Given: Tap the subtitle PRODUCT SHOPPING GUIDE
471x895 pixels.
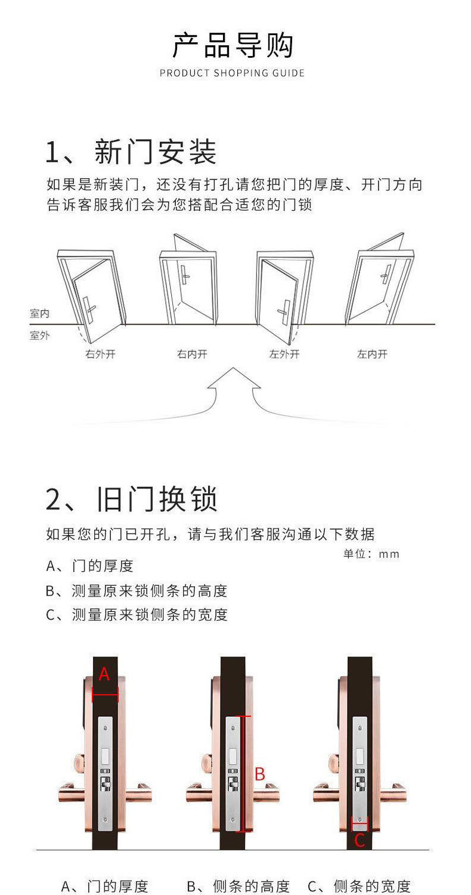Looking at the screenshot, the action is pyautogui.click(x=233, y=73).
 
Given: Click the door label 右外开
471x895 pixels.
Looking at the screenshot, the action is pyautogui.click(x=100, y=355).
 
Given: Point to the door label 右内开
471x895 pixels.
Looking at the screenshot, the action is pyautogui.click(x=192, y=355).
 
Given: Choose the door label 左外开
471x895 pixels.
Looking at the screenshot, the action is pyautogui.click(x=284, y=355).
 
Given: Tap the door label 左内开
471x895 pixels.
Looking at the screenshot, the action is pyautogui.click(x=372, y=355).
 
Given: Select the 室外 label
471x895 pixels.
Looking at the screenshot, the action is pyautogui.click(x=40, y=335).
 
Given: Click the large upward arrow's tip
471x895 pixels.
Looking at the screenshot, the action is pyautogui.click(x=234, y=369).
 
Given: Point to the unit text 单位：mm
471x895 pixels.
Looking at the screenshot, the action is pyautogui.click(x=371, y=554).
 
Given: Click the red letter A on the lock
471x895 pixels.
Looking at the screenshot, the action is pyautogui.click(x=104, y=674).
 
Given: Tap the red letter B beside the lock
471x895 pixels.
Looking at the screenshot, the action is pyautogui.click(x=259, y=775).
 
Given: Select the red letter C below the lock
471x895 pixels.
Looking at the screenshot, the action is pyautogui.click(x=360, y=841).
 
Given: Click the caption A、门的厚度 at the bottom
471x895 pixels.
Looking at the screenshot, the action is pyautogui.click(x=105, y=886).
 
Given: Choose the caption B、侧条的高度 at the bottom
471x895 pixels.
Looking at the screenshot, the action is pyautogui.click(x=238, y=886).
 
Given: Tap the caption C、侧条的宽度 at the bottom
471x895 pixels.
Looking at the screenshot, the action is pyautogui.click(x=359, y=886).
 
